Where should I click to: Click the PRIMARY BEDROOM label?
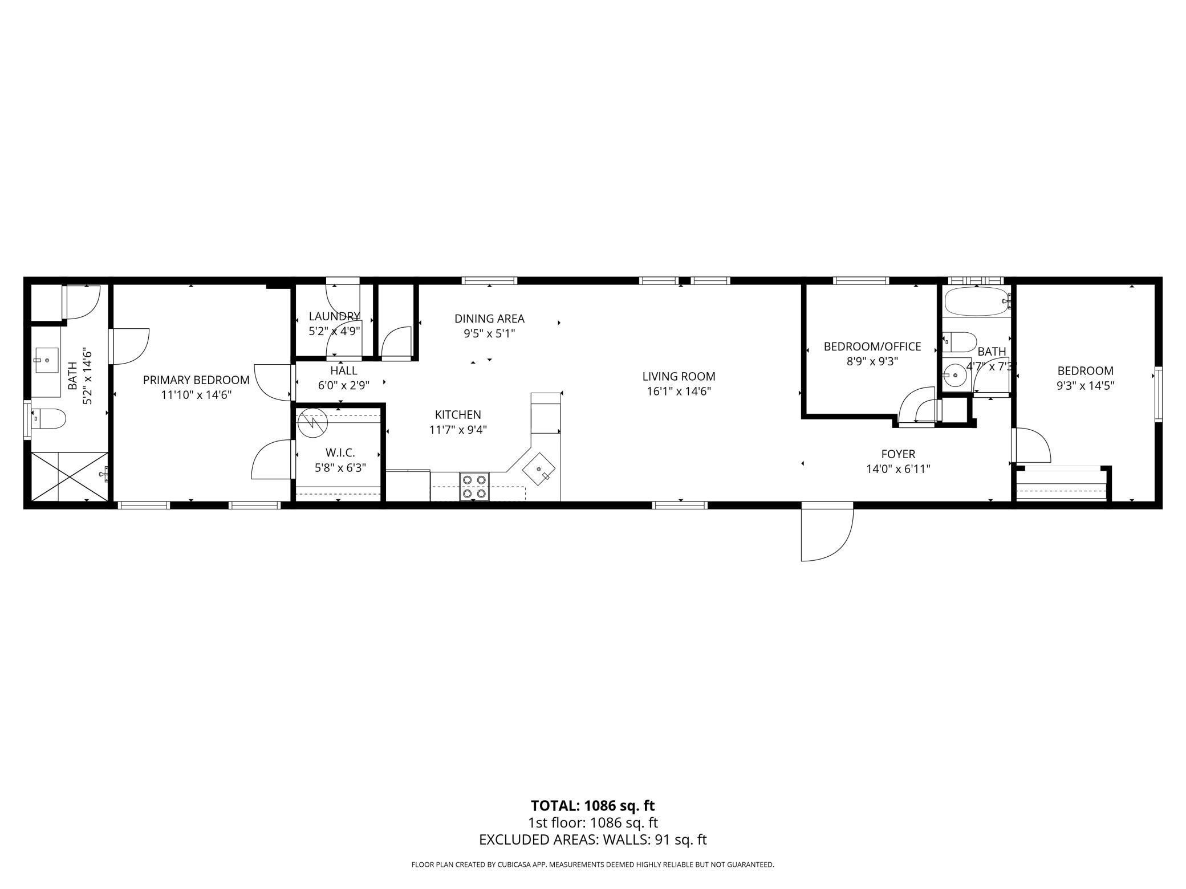196,380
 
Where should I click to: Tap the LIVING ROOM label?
679,377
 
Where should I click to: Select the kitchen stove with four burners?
474,487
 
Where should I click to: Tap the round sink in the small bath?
953,376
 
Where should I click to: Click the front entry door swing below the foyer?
827,532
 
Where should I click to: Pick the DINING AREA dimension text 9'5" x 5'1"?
489,334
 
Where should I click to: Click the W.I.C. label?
340,452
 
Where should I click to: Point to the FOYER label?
898,454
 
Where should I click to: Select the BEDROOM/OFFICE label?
872,346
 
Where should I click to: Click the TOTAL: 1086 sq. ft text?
593,806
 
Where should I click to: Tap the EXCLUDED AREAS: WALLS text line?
593,839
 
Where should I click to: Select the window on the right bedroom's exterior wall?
1158,395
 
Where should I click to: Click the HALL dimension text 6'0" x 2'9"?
344,385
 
